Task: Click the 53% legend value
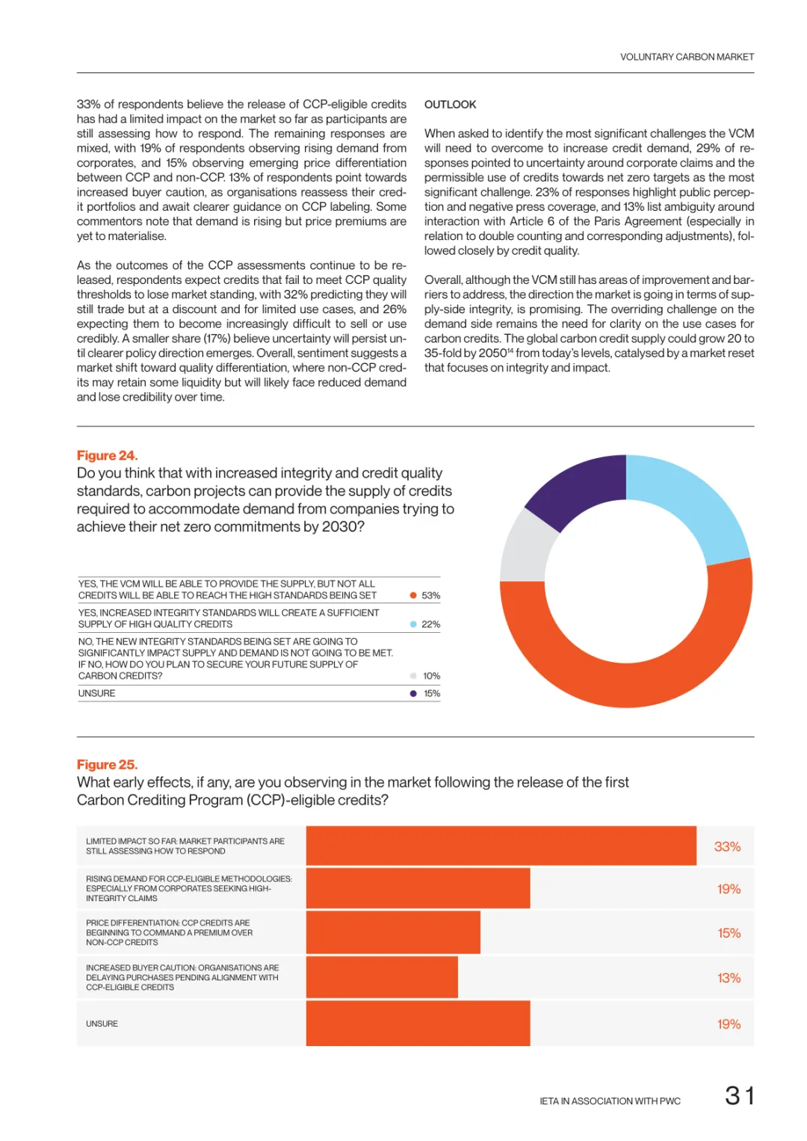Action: click(x=430, y=595)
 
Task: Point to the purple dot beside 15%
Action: click(x=413, y=693)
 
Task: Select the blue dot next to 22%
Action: click(x=413, y=624)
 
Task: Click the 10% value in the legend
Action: click(x=431, y=676)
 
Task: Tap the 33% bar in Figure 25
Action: click(x=501, y=846)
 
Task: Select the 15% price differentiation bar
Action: click(x=393, y=933)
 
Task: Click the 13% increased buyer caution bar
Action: click(x=382, y=977)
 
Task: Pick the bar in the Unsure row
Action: click(x=418, y=1024)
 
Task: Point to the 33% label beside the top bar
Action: click(x=727, y=847)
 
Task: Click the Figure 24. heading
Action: click(x=107, y=455)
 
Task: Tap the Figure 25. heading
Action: click(x=107, y=764)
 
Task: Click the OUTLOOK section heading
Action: click(x=450, y=105)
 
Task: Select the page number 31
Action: click(x=739, y=1095)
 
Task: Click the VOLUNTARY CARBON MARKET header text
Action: click(x=687, y=57)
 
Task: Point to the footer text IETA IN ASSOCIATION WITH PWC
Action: click(x=610, y=1101)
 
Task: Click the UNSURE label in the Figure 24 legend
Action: click(x=97, y=693)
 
